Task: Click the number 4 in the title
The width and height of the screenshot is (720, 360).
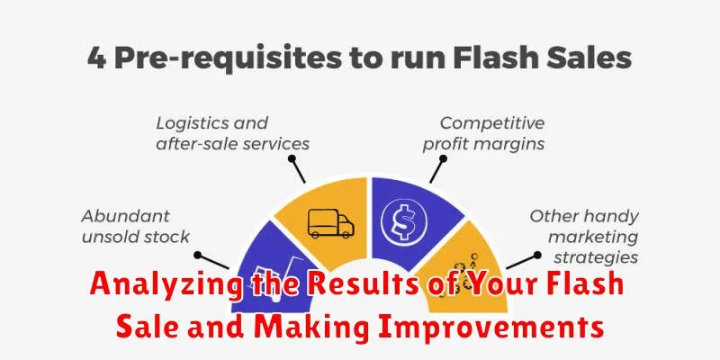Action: coord(96,58)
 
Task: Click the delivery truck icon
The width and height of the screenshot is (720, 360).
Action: coord(331,223)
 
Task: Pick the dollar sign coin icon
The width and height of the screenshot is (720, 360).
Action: coord(404,223)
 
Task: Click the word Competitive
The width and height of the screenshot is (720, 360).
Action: coord(492,123)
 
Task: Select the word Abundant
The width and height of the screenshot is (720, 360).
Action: coord(125,216)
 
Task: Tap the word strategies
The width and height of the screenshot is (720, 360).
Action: coord(596,258)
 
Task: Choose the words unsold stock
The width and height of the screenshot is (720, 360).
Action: coord(135,237)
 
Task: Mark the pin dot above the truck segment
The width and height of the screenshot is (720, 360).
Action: coord(292,158)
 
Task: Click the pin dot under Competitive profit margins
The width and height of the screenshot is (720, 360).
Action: coord(443,159)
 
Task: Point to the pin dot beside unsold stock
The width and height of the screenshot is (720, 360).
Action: coord(197,255)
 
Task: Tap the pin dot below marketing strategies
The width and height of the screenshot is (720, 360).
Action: coord(536,255)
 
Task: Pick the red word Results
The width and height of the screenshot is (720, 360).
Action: coord(363,283)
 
